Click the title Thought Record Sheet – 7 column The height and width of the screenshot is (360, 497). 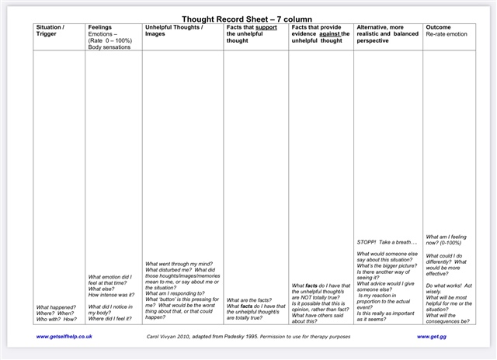pyautogui.click(x=248, y=19)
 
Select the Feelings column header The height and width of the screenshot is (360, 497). pyautogui.click(x=100, y=27)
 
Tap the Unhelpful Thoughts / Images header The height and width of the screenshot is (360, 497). pyautogui.click(x=174, y=30)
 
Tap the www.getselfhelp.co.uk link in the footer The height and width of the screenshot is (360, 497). pyautogui.click(x=64, y=337)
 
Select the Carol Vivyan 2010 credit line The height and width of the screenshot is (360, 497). pyautogui.click(x=248, y=337)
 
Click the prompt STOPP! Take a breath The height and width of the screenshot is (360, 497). pyautogui.click(x=382, y=242)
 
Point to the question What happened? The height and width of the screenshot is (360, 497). pyautogui.click(x=55, y=306)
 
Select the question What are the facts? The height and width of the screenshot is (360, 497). pyautogui.click(x=248, y=300)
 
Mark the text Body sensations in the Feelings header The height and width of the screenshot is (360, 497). pyautogui.click(x=109, y=47)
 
